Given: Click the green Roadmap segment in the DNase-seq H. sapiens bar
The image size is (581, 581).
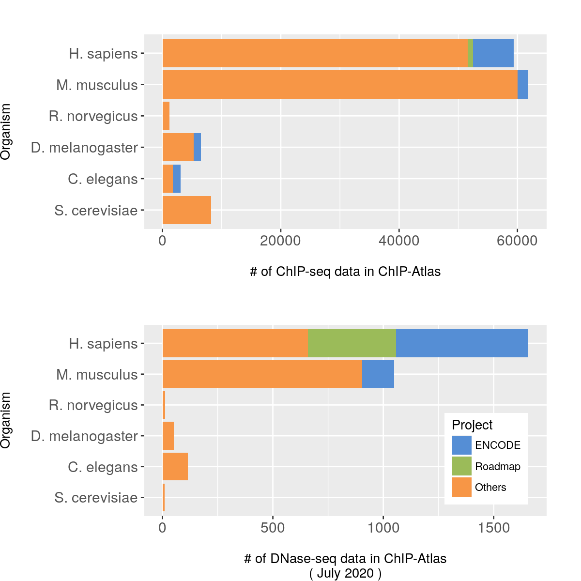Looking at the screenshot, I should [352, 343].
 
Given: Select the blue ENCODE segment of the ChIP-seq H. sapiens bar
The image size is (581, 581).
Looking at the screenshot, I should [493, 53].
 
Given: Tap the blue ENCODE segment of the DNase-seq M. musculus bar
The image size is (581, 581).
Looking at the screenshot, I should [378, 374].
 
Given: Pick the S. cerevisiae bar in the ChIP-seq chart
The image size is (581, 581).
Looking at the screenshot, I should [186, 210].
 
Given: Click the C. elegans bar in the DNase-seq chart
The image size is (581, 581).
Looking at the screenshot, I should [175, 467].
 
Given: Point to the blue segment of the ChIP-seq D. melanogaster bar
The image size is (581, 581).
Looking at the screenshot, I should [197, 147].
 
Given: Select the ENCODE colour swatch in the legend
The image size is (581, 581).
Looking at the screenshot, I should [461, 445].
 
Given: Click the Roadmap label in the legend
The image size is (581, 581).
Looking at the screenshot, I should [497, 467].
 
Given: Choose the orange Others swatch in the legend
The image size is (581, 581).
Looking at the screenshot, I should [461, 487].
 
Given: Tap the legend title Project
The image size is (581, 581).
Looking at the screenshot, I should [472, 425].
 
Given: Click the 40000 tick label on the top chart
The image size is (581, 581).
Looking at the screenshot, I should [399, 241].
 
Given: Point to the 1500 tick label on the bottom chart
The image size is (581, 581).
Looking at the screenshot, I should [493, 528].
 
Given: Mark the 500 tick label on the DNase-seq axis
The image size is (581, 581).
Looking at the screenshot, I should [273, 528].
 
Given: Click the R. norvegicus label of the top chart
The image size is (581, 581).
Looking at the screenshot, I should [93, 116].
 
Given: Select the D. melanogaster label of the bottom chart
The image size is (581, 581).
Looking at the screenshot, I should [84, 436].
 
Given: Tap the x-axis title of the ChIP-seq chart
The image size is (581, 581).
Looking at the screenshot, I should [345, 272].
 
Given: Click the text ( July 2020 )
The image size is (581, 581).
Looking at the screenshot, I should [345, 574].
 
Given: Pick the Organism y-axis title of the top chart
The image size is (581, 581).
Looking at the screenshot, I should [6, 132].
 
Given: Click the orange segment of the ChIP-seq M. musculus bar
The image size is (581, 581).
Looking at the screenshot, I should [339, 85].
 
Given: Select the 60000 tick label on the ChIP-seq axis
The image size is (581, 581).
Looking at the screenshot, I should [517, 241].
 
